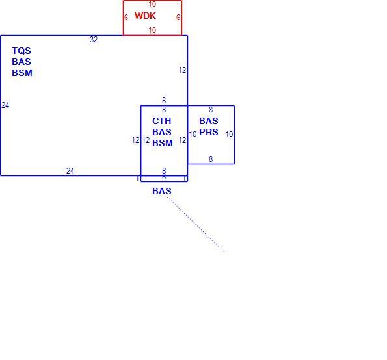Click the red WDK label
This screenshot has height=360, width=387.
[145, 16]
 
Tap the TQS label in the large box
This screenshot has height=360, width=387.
[21, 51]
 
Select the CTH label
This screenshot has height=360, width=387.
[162, 121]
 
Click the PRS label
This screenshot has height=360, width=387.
[209, 132]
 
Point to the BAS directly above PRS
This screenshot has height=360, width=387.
[209, 121]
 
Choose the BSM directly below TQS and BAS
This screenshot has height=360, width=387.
[22, 73]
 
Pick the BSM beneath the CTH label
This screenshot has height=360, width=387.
[163, 143]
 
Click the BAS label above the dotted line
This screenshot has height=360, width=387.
[162, 191]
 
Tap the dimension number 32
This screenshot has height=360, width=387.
[94, 40]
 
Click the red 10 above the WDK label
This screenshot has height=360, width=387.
[152, 5]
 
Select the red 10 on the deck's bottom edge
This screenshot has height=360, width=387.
[152, 31]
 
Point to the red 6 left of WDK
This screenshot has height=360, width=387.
[126, 18]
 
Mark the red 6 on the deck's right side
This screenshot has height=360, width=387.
[178, 18]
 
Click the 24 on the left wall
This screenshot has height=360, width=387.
[5, 105]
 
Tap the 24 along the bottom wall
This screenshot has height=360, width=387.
[70, 171]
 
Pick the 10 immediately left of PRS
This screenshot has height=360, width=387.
[193, 135]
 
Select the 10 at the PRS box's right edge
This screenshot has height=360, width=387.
[230, 135]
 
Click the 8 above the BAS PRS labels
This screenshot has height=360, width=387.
[211, 109]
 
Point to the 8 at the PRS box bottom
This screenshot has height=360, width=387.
[211, 159]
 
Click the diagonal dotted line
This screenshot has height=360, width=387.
[196, 224]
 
